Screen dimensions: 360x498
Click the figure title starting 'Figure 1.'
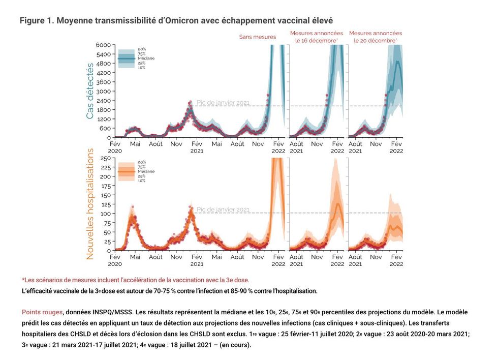(176, 21)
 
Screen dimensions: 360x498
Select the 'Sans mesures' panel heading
(258, 37)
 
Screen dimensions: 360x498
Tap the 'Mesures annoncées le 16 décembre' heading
(314, 37)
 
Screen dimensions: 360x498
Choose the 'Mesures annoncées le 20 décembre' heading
(373, 37)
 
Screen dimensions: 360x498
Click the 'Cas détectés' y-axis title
(90, 91)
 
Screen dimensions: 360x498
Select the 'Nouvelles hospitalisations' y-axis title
(90, 204)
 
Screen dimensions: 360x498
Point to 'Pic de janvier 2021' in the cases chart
(223, 103)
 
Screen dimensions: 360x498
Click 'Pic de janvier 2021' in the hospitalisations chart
(223, 209)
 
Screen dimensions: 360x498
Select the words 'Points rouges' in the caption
(42, 312)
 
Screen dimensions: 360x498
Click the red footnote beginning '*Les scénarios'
(135, 280)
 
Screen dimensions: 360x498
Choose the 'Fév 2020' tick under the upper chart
(115, 147)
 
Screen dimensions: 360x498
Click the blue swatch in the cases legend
(127, 58)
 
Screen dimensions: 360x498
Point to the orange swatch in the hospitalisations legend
(127, 172)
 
